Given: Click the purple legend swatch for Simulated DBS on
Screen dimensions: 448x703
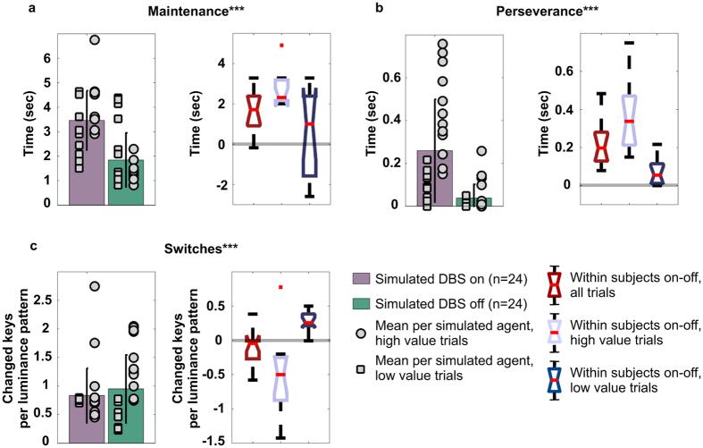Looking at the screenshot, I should point(364,276).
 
